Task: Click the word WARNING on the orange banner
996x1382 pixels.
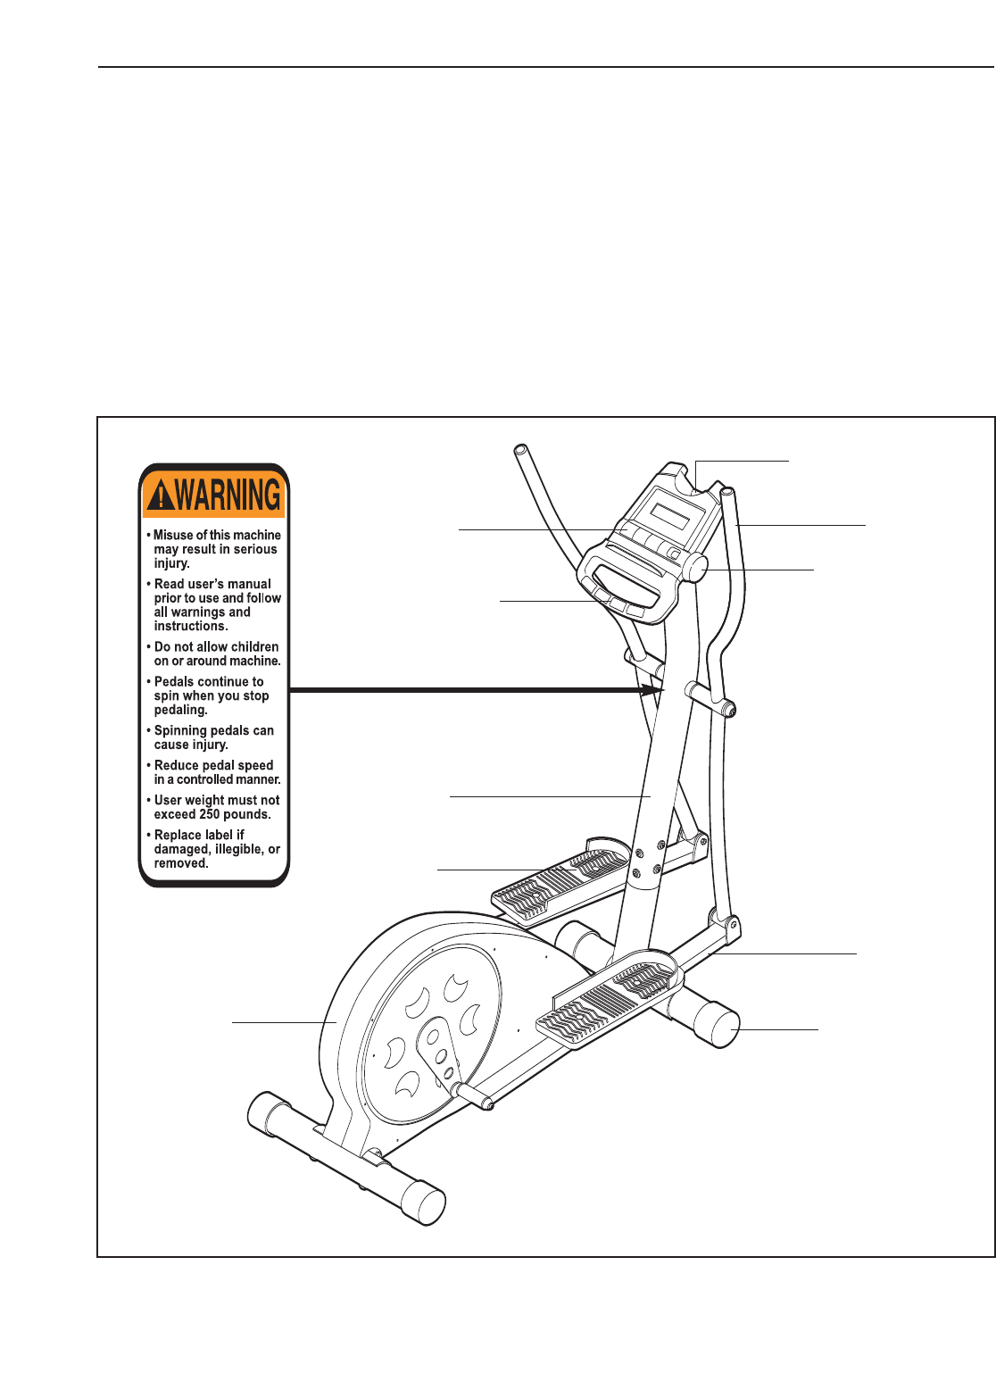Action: (228, 495)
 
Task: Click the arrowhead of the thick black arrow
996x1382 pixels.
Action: (654, 690)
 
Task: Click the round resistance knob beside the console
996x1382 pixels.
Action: (697, 567)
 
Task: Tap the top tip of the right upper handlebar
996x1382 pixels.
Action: (727, 492)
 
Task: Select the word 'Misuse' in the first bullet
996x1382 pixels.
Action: (173, 535)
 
